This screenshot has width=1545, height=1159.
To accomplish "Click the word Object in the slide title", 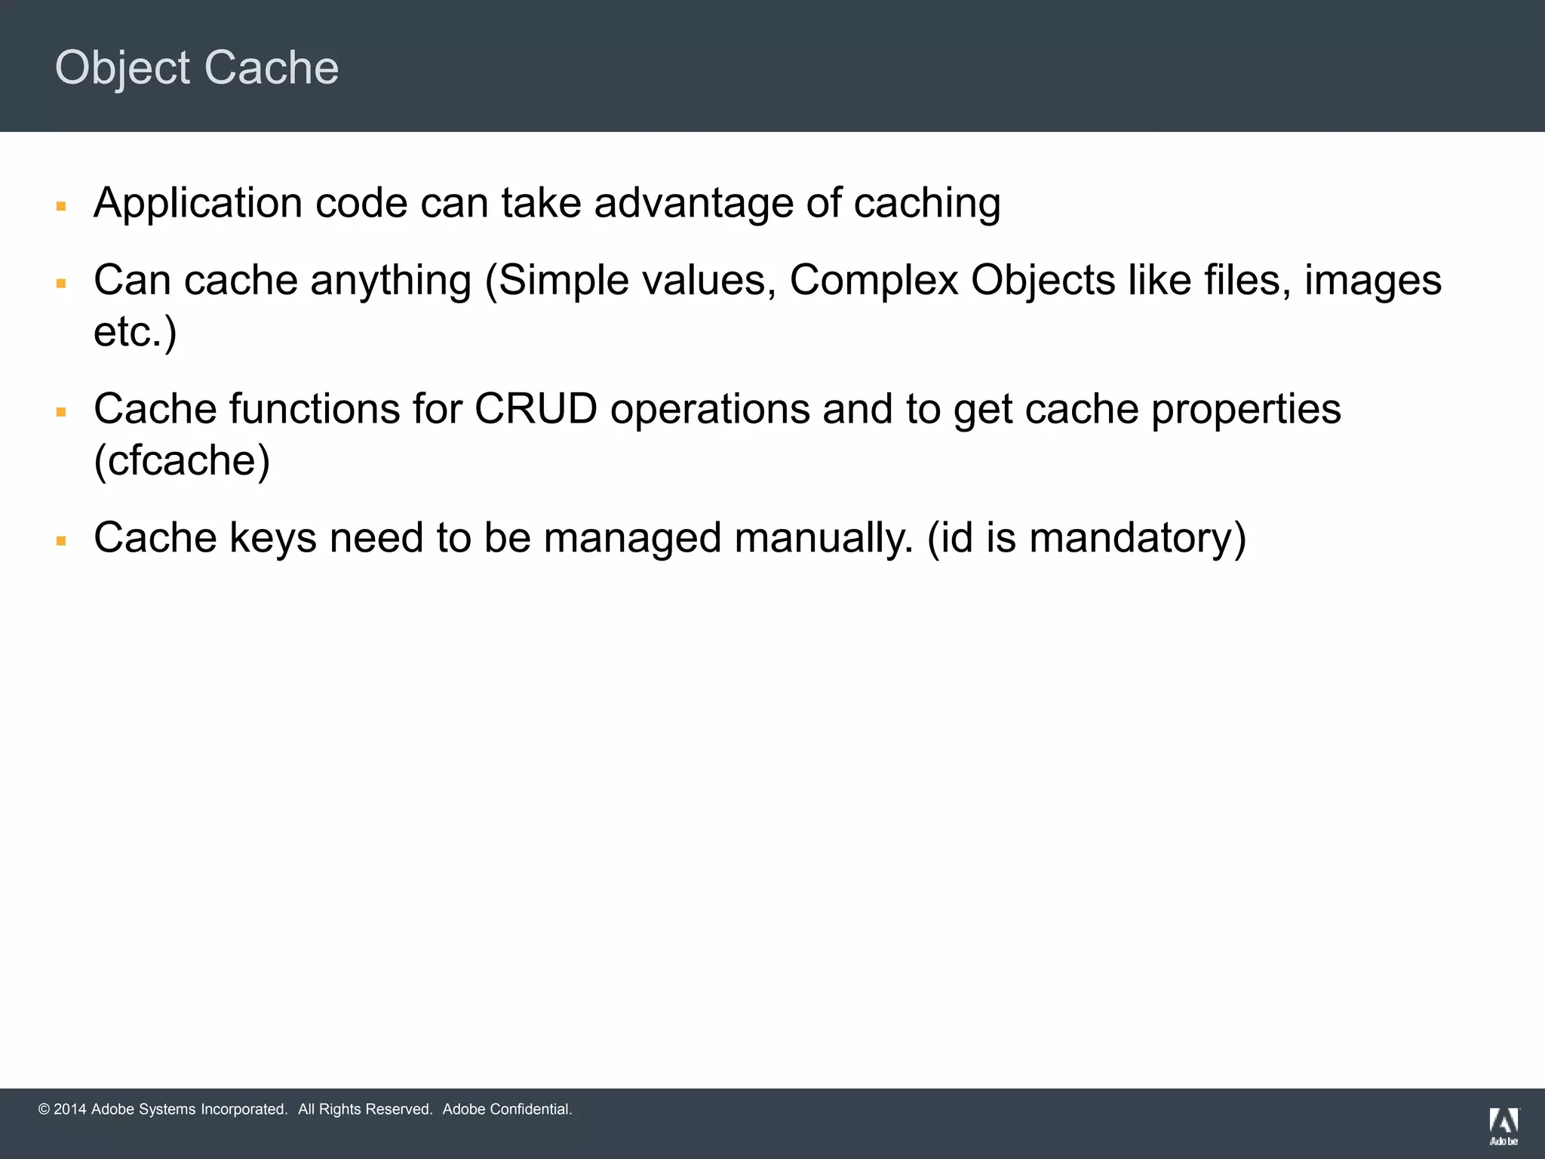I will pos(123,68).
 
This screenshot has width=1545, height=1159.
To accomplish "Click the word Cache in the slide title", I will pos(272,68).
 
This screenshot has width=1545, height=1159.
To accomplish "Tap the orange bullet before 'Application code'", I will pos(62,206).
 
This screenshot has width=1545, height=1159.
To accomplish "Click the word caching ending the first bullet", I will pos(927,204).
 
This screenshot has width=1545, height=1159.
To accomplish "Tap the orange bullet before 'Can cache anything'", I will pos(62,284).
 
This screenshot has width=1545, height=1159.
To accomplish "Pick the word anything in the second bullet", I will pos(391,281).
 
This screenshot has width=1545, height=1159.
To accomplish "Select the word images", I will pos(1373,281).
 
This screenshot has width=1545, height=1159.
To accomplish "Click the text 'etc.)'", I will pos(135,332).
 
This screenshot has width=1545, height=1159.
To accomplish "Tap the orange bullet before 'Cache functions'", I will pos(62,412).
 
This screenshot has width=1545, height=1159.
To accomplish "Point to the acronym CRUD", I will pos(536,409).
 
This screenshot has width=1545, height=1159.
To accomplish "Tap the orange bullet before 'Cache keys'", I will pos(62,541).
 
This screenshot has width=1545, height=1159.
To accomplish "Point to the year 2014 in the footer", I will pos(70,1109).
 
